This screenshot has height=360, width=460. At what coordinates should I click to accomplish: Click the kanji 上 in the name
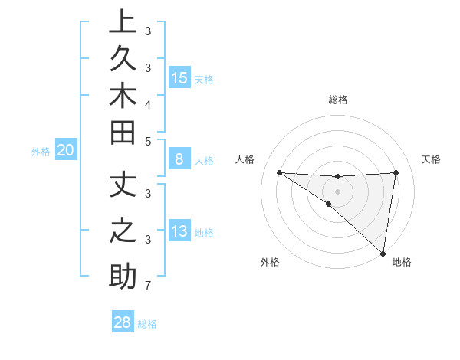123,21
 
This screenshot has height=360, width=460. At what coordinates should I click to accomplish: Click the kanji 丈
123,183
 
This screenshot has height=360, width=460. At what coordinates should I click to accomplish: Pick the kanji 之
123,231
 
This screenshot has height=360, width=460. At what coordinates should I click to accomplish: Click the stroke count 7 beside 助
148,286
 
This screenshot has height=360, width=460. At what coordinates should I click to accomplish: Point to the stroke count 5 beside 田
148,141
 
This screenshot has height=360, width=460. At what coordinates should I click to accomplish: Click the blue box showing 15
179,78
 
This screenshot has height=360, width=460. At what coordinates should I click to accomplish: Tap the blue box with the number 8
179,160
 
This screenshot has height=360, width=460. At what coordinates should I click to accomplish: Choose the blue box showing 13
179,232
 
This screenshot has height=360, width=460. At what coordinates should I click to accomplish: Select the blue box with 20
66,151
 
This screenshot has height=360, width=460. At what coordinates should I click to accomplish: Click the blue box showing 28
123,322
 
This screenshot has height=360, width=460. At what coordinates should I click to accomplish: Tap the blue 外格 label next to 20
41,152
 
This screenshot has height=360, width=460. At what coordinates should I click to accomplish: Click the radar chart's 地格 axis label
402,263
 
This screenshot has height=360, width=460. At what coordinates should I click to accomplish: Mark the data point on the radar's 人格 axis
279,172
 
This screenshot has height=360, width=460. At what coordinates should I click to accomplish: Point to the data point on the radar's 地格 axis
383,253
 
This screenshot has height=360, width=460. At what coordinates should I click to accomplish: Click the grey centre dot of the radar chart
337,191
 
